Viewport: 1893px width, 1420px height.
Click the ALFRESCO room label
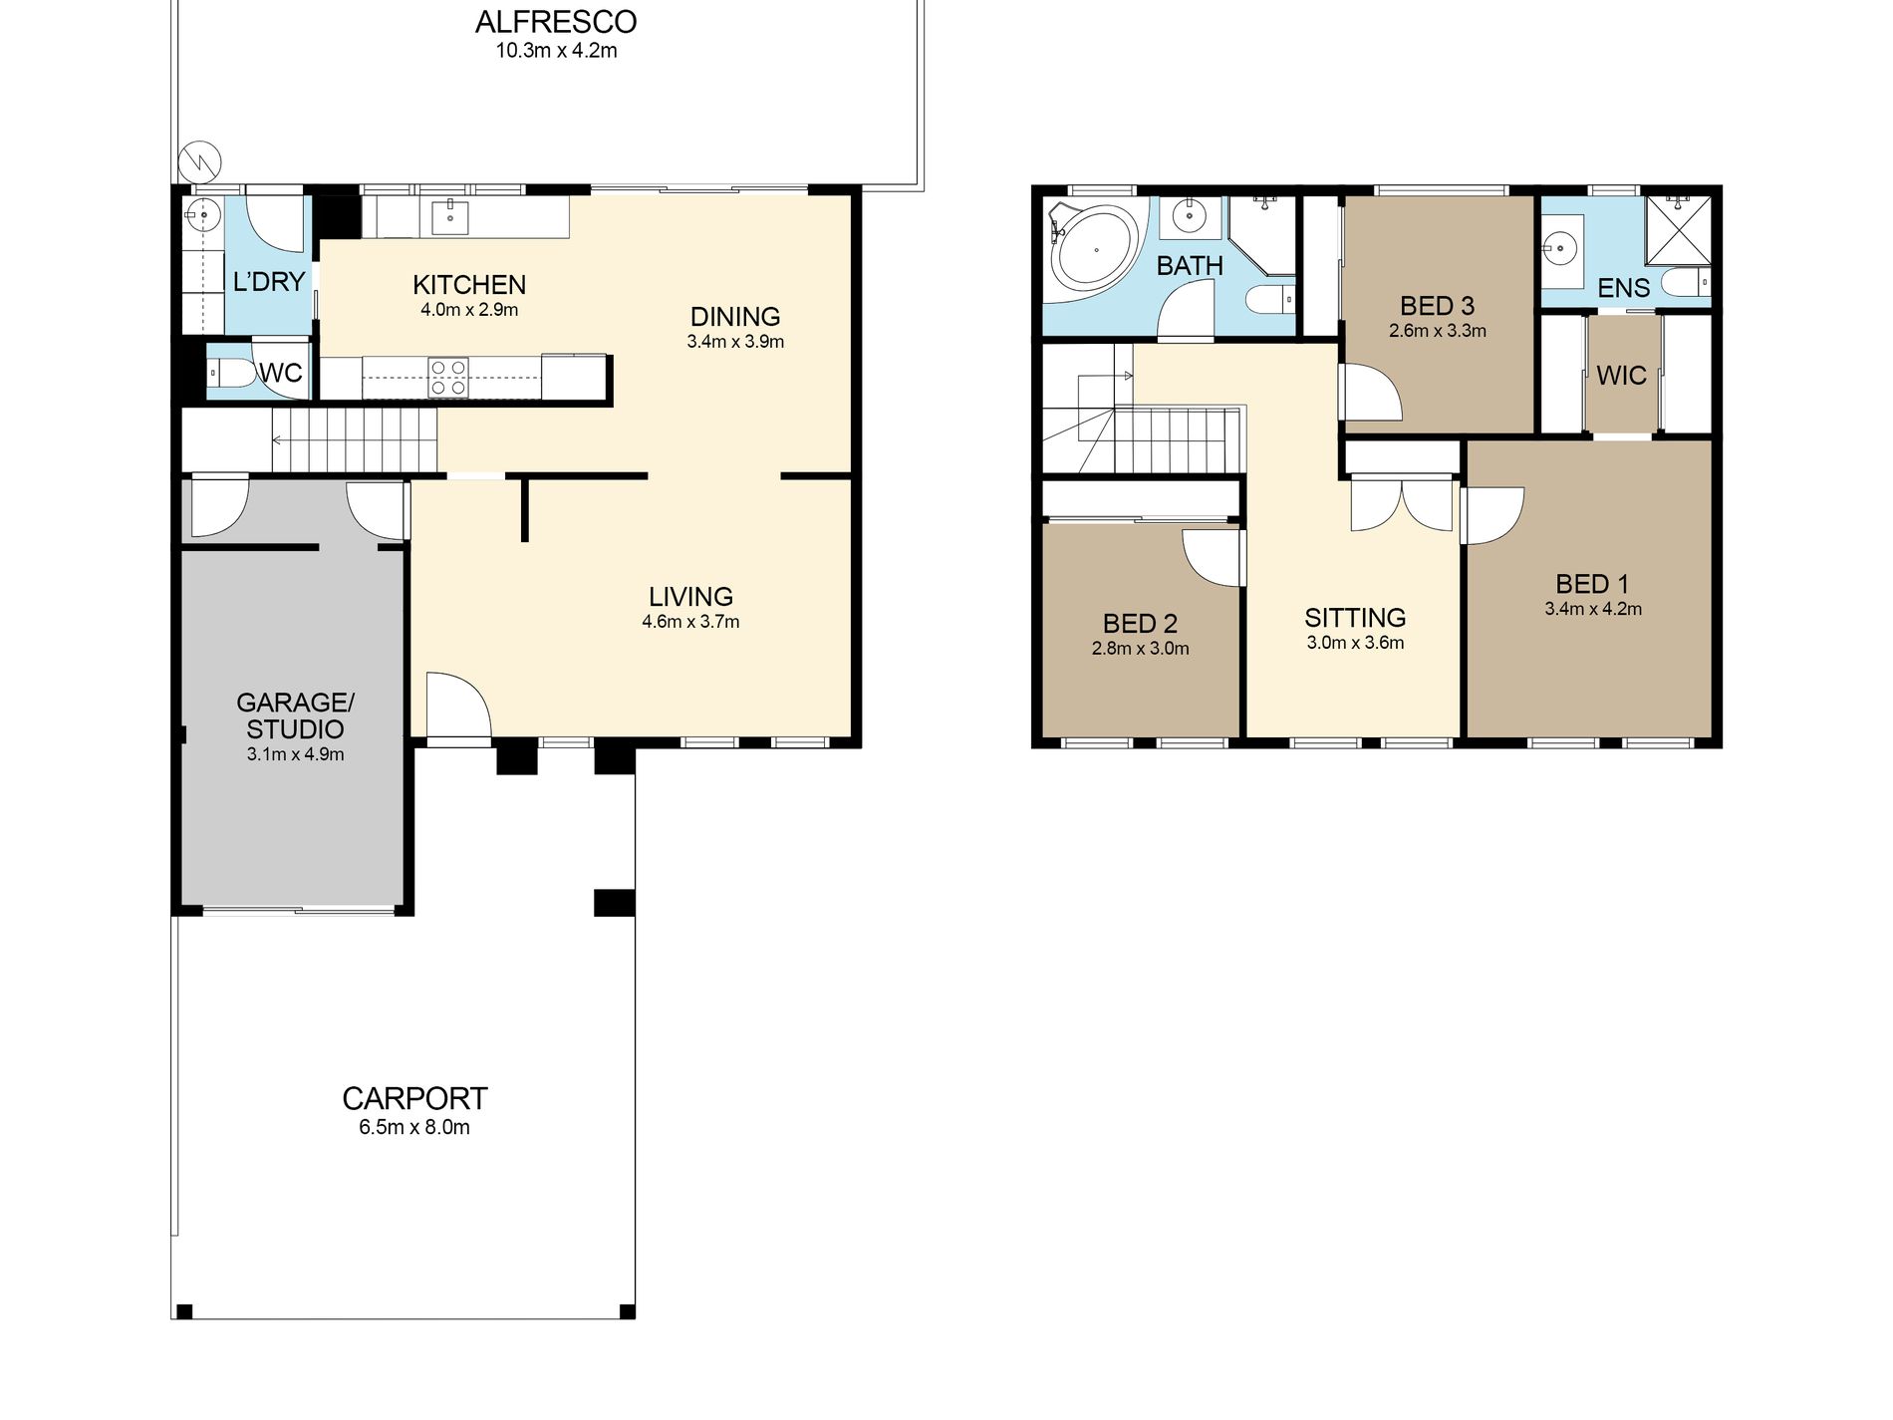click(556, 22)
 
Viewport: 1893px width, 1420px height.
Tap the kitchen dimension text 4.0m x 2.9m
click(469, 310)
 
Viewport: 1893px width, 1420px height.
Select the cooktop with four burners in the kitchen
click(448, 378)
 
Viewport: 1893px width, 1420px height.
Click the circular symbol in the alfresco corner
click(199, 160)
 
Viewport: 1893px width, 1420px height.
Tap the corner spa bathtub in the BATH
click(1093, 249)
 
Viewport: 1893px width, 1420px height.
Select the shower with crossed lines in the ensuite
click(1678, 230)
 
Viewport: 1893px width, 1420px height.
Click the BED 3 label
click(1437, 306)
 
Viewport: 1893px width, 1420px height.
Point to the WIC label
click(1621, 376)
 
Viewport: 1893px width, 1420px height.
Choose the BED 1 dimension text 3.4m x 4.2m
click(1593, 609)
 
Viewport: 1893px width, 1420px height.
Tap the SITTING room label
click(1355, 618)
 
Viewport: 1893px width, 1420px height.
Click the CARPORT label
click(414, 1098)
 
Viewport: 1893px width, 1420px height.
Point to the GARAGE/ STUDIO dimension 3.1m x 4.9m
click(296, 754)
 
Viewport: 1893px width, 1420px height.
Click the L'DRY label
click(268, 282)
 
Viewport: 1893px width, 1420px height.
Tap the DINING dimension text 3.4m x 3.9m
click(735, 342)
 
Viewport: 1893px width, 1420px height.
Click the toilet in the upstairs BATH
click(1270, 299)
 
